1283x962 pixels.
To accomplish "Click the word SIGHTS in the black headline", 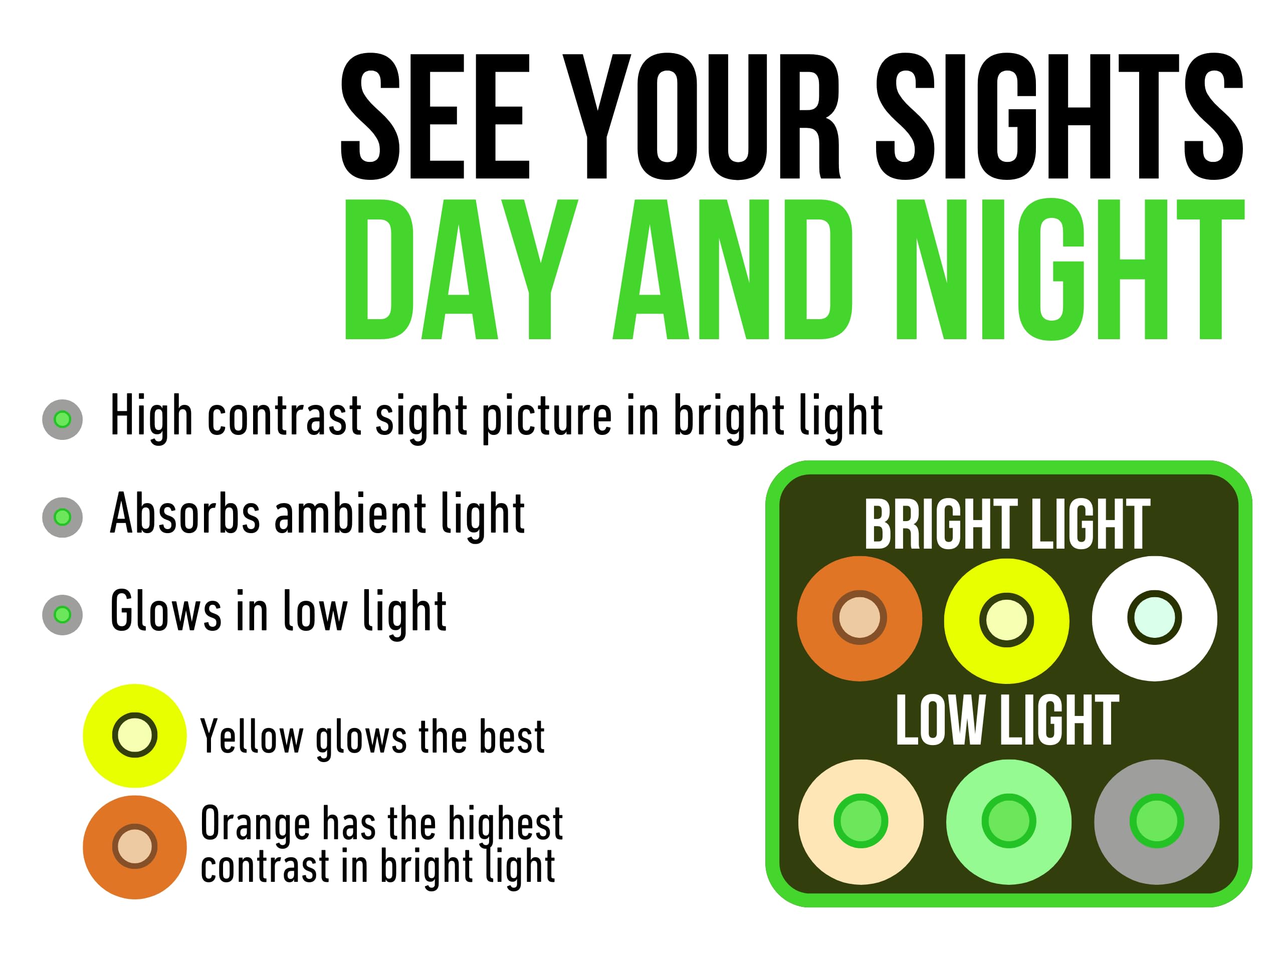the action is pos(1059,116).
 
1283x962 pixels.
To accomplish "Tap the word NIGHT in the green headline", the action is pos(1070,269).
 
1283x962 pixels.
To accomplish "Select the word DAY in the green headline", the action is pos(461,269).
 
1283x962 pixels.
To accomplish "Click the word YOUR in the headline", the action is pos(701,116).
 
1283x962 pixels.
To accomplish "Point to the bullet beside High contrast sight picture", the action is pos(63,419).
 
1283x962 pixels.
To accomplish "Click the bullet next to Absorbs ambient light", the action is pos(63,517).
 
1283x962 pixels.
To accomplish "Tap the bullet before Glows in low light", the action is pos(63,615).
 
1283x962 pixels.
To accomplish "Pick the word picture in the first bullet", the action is pos(547,417).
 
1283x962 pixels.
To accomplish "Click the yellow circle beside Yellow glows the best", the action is pos(134,735).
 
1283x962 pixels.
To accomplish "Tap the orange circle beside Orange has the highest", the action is pos(134,847).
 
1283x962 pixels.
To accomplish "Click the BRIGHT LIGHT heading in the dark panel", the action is pos(1007,524).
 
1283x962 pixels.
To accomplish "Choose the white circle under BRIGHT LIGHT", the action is pos(1155,619).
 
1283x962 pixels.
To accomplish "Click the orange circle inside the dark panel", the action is pos(860,619).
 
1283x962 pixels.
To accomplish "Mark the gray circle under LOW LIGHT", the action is pos(1157,822).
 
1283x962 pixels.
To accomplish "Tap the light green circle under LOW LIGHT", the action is pos(1009,822).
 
